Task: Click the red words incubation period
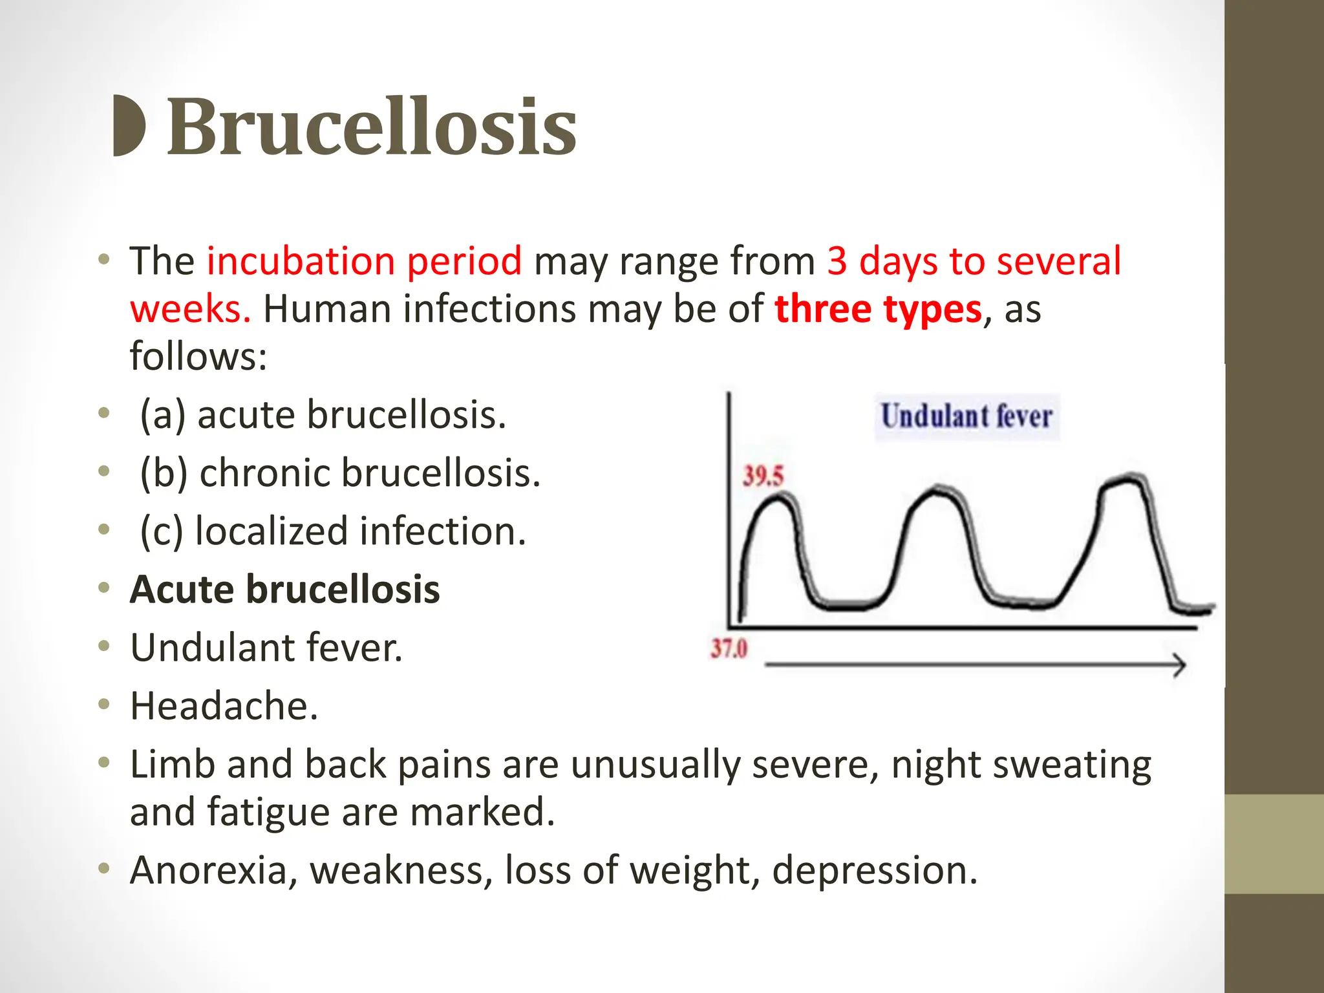[x=364, y=261]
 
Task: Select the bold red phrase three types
[x=878, y=309]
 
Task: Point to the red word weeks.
[x=190, y=309]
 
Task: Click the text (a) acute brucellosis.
[x=323, y=414]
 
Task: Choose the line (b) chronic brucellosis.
[x=340, y=473]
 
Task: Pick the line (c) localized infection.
[x=333, y=531]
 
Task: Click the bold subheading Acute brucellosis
[x=284, y=589]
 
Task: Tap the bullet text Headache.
[x=224, y=705]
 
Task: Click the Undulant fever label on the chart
[x=966, y=416]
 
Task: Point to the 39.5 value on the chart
[x=763, y=476]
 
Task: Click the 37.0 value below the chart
[x=729, y=648]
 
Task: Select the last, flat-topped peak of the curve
[x=1124, y=480]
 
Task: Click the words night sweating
[x=1021, y=765]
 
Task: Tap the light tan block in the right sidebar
[x=1274, y=844]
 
